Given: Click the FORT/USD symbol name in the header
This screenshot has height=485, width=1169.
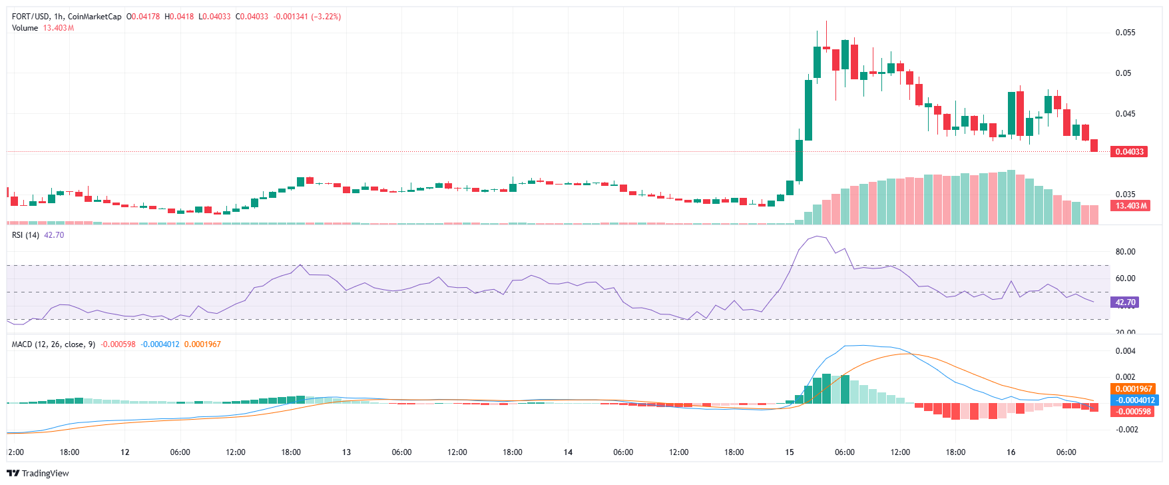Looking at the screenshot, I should [x=31, y=17].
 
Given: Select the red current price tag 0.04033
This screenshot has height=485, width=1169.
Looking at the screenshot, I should [x=1130, y=152].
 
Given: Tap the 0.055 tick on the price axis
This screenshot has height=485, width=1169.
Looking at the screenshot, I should [x=1125, y=33].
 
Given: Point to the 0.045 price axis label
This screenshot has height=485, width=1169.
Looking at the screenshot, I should [x=1125, y=114].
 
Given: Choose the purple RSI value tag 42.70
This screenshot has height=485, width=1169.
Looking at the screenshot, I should [x=1125, y=302].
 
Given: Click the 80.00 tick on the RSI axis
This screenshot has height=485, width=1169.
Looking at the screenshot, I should [x=1125, y=252].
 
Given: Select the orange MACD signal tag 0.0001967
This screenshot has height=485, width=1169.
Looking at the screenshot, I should [x=1134, y=389].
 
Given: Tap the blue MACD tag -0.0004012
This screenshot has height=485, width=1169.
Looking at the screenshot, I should [x=1135, y=400].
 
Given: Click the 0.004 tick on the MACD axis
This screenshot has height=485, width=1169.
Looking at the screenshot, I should [x=1125, y=351].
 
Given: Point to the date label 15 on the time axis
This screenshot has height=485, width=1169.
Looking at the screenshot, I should [x=790, y=452].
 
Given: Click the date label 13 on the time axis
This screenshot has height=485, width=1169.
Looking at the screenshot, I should [x=346, y=452].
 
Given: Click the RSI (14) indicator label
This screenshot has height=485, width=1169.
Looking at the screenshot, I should [x=25, y=235].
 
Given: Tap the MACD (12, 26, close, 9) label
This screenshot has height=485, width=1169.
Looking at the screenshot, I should [x=53, y=344].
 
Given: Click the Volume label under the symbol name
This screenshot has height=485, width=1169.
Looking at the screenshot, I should [x=25, y=28].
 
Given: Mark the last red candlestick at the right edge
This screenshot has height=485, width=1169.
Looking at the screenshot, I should [x=1094, y=146].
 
